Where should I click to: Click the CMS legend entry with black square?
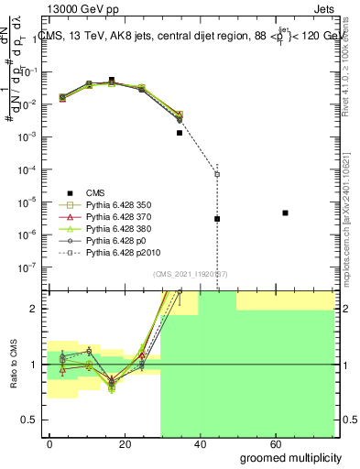[96, 192]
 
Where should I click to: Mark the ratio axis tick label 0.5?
[31, 420]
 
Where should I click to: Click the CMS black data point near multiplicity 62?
[286, 213]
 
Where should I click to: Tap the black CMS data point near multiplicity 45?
[217, 219]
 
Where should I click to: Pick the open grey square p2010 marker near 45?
[217, 174]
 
